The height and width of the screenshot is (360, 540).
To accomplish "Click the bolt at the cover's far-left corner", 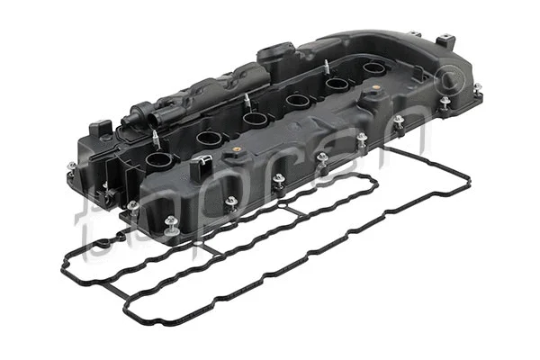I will pos(72,167).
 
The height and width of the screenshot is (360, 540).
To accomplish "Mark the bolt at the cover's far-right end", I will pos(476,88).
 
